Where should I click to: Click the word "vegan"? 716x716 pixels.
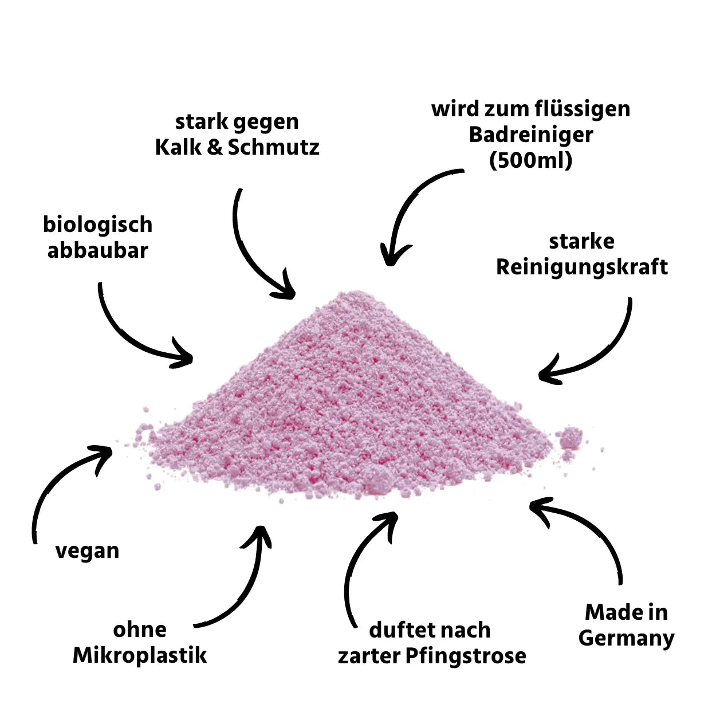87,551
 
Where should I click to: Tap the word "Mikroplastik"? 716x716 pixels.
140,655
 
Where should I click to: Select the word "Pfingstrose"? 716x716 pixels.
466,656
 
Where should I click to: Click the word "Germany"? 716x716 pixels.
626,638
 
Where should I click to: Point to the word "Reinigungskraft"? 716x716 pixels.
581,267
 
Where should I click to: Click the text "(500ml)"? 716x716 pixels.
530,160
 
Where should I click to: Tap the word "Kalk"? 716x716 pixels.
178,147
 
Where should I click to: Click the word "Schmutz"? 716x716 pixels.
274,147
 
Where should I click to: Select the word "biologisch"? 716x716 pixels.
97,225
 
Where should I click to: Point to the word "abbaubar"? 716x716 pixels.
97,250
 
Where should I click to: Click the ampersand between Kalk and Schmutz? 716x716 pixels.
215,147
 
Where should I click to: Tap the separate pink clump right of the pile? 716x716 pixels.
569,438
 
